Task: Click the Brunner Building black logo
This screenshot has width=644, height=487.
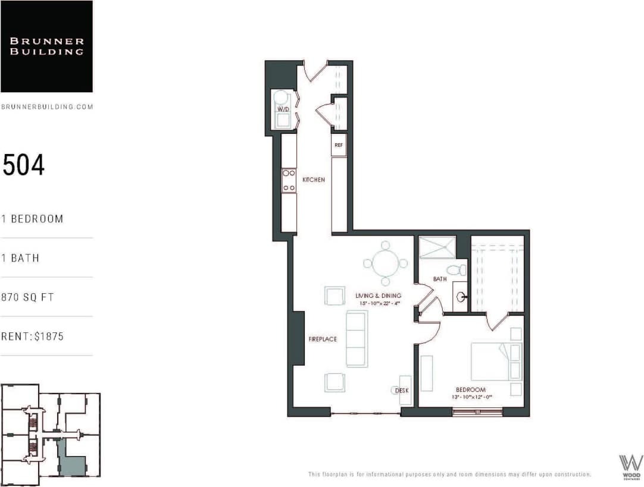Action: (x=46, y=46)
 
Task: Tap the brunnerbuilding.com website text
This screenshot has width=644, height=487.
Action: (x=47, y=107)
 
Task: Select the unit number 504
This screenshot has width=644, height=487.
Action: (x=24, y=165)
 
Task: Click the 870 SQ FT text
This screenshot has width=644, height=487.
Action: (x=27, y=297)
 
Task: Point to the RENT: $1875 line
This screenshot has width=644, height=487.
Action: (x=32, y=337)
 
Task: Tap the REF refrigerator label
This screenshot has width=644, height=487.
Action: (x=339, y=145)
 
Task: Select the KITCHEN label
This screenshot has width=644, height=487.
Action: (x=314, y=180)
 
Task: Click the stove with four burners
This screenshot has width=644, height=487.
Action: (x=289, y=180)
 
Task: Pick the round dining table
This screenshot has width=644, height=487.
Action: (x=385, y=263)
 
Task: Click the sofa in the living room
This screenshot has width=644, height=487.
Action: (x=357, y=338)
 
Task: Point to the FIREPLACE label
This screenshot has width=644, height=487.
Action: (x=323, y=340)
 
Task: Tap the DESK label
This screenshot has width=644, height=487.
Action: (x=402, y=391)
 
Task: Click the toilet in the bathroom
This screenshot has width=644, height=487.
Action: (x=457, y=270)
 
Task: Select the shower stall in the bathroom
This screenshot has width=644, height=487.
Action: (x=437, y=247)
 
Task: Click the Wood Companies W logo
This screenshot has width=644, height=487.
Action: (x=631, y=464)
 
